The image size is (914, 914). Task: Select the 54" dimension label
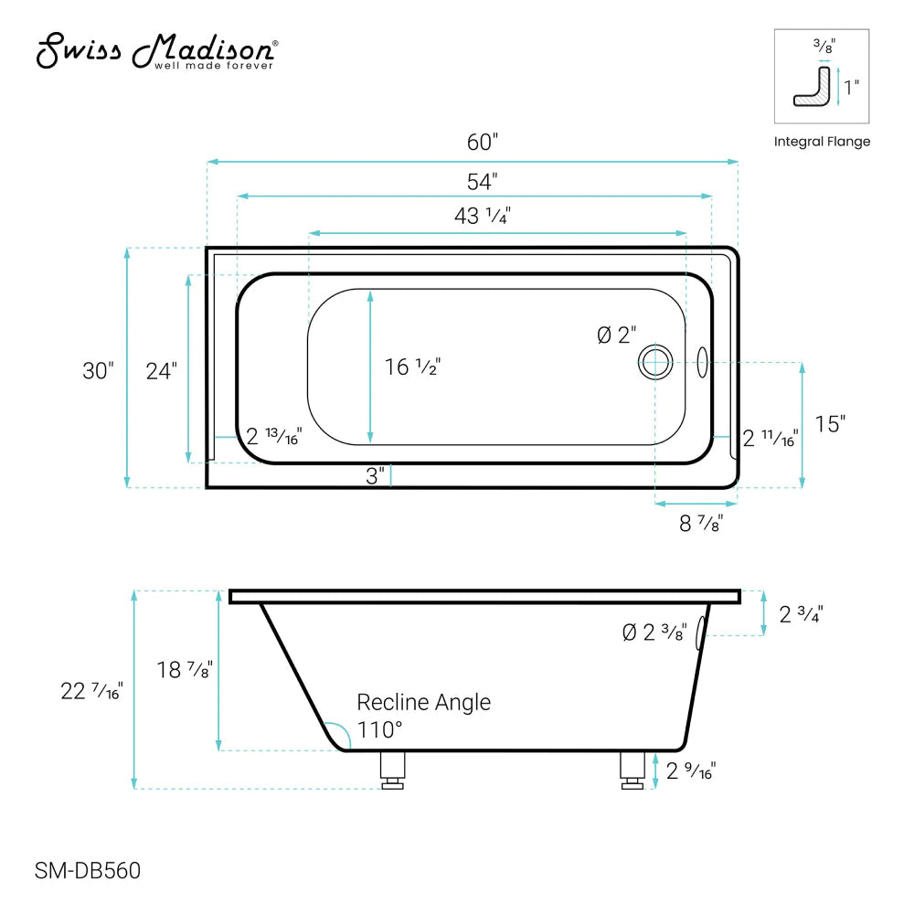[x=482, y=181]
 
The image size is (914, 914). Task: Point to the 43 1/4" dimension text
[x=482, y=217]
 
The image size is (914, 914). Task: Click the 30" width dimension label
[x=98, y=370]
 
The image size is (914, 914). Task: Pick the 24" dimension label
[x=161, y=370]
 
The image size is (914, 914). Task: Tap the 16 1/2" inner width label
[x=412, y=367]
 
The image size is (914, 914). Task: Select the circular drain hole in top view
[x=654, y=362]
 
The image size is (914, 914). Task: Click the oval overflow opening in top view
[x=703, y=362]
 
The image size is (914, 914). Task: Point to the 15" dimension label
[x=831, y=424]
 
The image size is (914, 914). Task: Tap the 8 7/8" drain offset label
[x=701, y=524]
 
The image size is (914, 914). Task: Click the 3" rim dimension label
[x=374, y=476]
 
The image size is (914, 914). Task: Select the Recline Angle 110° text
[x=422, y=715]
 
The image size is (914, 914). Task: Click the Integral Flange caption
[x=822, y=142]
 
